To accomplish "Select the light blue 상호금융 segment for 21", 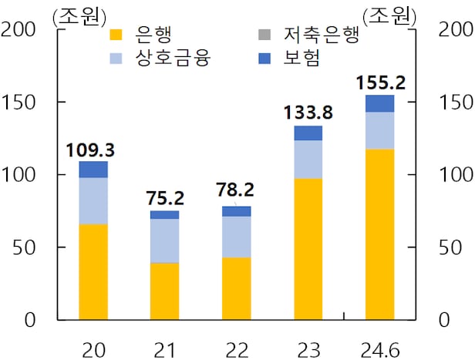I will tap(164, 241).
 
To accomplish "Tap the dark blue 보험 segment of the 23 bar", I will tap(308, 133).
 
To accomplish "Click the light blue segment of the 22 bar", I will tap(236, 237).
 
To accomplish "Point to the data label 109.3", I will tap(93, 150).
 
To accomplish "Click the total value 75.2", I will tap(164, 199).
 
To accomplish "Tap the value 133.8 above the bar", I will tap(308, 113).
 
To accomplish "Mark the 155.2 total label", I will tap(379, 82).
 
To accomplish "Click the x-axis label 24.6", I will tap(379, 351).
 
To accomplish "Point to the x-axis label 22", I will tap(236, 351).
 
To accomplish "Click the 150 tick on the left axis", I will tap(21, 103).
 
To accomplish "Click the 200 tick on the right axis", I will tap(454, 29).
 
